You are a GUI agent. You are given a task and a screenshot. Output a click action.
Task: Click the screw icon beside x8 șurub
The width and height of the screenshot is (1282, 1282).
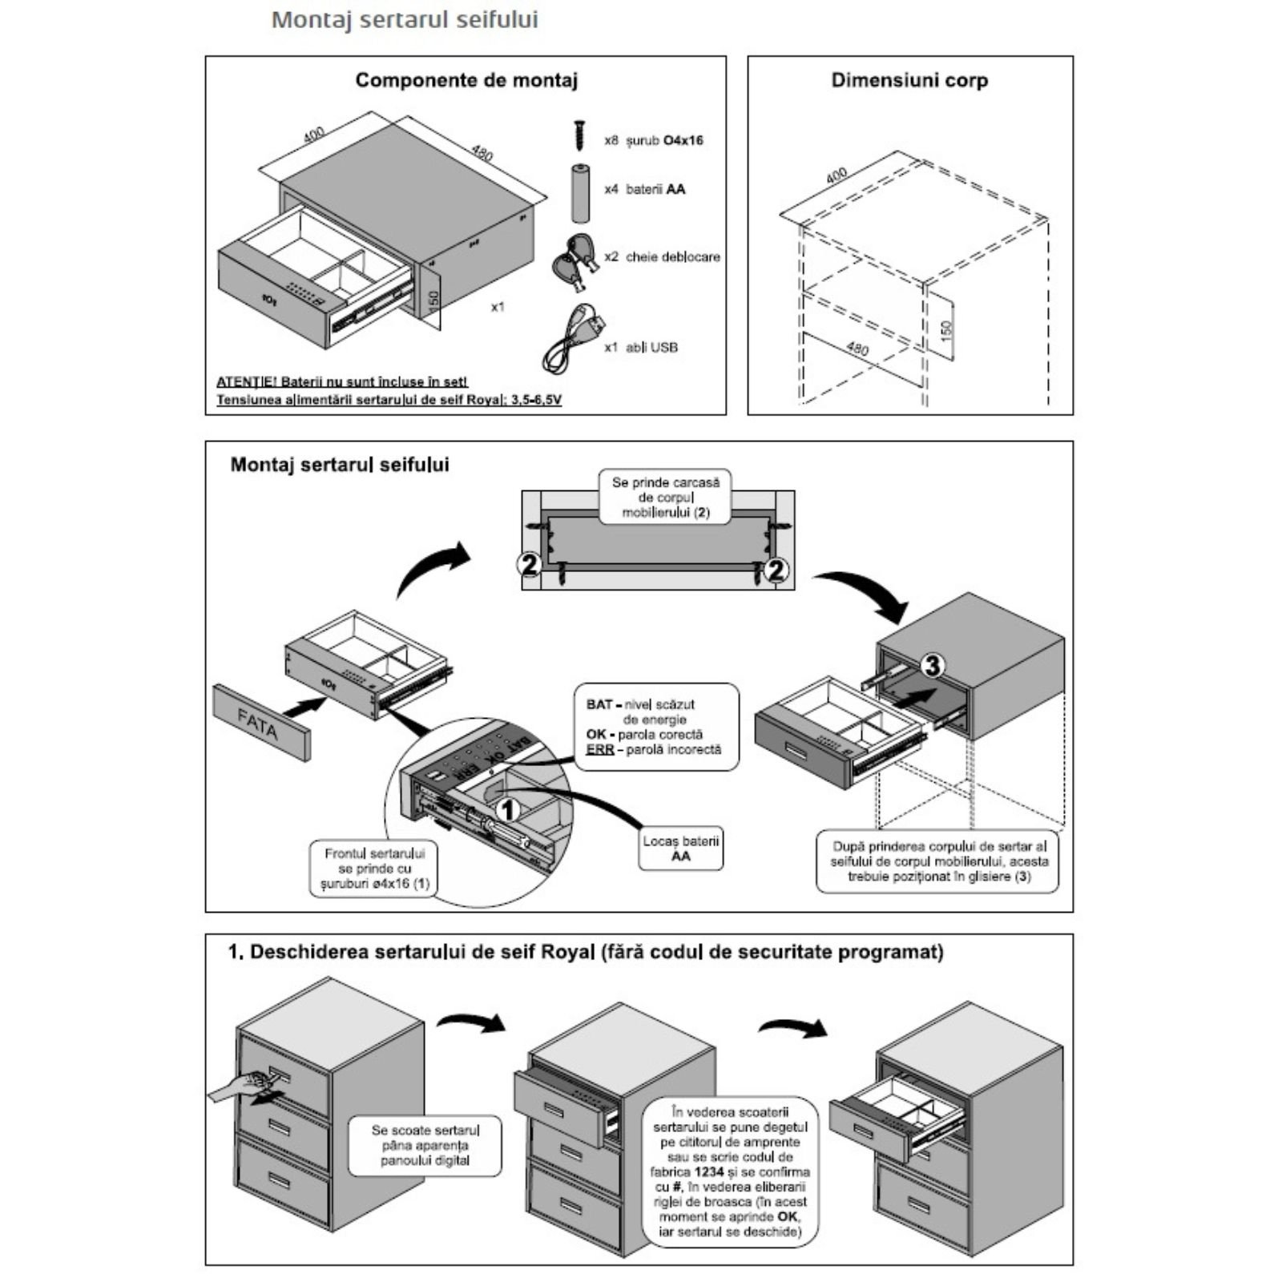click(579, 135)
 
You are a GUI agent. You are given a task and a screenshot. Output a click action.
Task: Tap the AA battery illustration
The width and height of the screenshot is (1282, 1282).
click(580, 193)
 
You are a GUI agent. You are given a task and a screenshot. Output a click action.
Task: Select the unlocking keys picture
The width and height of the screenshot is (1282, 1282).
click(574, 260)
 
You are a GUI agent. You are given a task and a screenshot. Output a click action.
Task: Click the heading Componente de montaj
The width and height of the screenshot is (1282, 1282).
click(466, 80)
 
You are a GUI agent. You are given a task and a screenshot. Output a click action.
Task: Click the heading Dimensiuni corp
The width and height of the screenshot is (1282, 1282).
click(909, 80)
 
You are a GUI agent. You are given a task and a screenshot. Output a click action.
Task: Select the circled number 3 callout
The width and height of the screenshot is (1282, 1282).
click(933, 664)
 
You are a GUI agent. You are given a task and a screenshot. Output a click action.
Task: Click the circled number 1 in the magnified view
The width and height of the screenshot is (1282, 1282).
click(507, 810)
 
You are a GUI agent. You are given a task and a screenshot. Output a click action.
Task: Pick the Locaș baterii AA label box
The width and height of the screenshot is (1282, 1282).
click(681, 849)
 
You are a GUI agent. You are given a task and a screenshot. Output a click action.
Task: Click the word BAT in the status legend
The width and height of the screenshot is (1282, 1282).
click(599, 704)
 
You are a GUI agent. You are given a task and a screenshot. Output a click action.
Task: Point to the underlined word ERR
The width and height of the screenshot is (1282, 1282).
click(599, 749)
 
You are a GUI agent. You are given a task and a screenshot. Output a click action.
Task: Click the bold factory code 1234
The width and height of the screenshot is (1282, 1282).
click(710, 1171)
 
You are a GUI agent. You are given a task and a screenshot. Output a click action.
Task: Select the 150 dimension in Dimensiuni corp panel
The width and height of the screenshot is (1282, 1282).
click(945, 329)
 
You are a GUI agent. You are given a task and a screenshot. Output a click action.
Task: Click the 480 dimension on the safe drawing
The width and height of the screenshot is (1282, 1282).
click(482, 151)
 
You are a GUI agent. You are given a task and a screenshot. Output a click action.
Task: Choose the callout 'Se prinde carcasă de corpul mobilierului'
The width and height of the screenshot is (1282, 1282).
click(665, 498)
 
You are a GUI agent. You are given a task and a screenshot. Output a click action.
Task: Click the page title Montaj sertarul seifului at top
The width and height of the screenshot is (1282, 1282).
click(405, 20)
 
